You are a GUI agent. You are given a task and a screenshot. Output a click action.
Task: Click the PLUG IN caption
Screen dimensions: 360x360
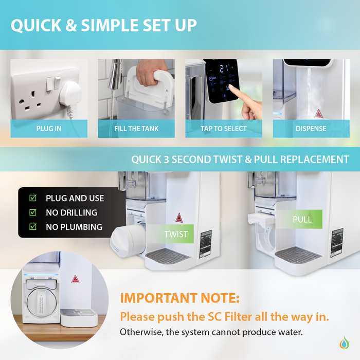point(49,129)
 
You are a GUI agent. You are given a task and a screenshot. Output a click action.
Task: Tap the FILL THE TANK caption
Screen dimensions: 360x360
point(136,129)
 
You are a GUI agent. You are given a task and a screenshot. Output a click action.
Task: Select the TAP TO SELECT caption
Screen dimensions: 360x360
point(224,129)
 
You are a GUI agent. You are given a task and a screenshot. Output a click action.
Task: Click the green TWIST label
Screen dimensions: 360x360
point(176,235)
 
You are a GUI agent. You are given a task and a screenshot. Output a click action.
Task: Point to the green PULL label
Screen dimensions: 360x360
point(302,220)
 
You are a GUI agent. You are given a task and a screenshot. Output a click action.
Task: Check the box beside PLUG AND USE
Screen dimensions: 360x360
point(33,198)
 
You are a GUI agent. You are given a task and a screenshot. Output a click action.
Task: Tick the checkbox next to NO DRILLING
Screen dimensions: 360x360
point(33,212)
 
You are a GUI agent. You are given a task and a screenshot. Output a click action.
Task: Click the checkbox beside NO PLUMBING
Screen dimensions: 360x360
point(33,227)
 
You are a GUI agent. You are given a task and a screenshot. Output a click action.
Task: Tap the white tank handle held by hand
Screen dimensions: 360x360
point(150,85)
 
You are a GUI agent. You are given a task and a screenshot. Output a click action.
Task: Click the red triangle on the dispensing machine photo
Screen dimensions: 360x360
point(317,113)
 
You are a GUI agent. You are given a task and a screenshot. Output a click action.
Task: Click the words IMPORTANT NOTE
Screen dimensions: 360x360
point(179,298)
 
